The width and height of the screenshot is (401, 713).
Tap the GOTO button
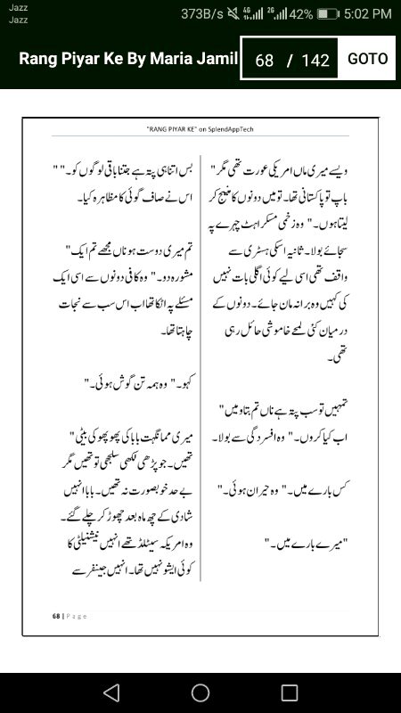pos(367,59)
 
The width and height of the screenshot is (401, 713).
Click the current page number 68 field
pos(264,61)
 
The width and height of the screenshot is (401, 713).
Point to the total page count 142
pos(315,61)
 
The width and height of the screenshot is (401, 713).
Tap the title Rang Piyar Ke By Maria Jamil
pos(129,59)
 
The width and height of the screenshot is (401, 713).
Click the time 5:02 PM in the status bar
pos(367,13)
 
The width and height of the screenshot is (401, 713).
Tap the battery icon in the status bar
pos(327,13)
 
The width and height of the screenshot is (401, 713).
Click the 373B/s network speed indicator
pos(201,13)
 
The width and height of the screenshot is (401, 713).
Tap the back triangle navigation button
pos(110,693)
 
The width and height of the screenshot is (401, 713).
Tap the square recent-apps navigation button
pos(289,693)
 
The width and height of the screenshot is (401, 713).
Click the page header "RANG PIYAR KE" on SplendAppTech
pos(200,129)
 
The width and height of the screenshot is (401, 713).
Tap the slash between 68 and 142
pos(289,61)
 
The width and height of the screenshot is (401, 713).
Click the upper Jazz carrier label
pos(18,7)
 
